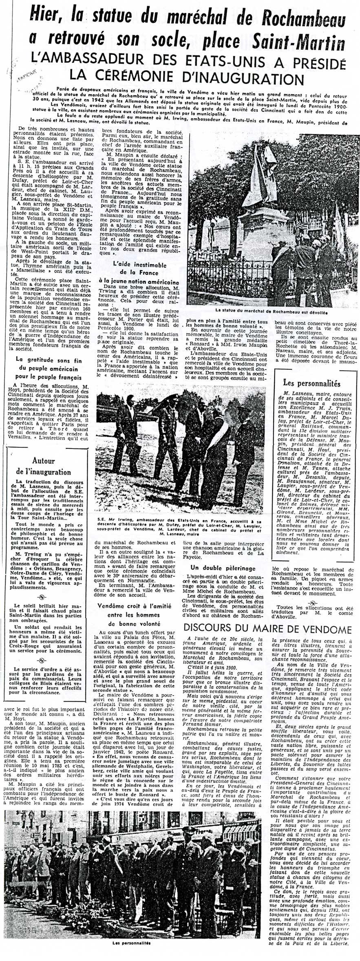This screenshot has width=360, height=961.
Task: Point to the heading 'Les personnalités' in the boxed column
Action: point(311,383)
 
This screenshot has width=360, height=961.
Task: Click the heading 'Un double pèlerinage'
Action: point(223,568)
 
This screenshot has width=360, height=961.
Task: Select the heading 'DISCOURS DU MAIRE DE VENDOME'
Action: point(267,628)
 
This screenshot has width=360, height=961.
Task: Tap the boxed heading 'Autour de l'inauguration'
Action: point(44,466)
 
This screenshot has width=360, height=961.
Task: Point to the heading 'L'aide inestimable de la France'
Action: point(139,269)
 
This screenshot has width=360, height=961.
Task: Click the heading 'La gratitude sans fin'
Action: point(49,360)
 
